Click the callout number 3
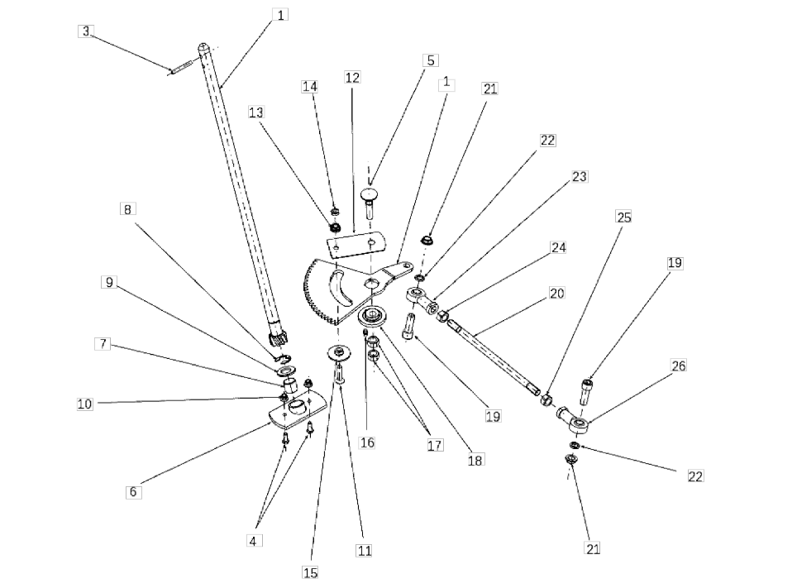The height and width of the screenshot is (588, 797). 86,31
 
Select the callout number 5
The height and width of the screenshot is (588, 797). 431,60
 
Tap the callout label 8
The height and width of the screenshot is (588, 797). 127,209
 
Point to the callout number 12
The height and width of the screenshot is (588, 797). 352,77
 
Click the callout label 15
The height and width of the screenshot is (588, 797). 311,572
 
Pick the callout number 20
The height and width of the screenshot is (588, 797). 556,293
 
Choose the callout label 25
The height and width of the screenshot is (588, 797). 624,218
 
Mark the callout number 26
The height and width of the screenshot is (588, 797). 678,366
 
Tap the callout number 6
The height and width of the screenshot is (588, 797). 133,492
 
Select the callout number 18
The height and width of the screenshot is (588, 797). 475,461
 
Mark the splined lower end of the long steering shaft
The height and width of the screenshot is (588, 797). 277,337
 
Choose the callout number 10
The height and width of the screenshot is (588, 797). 85,404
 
